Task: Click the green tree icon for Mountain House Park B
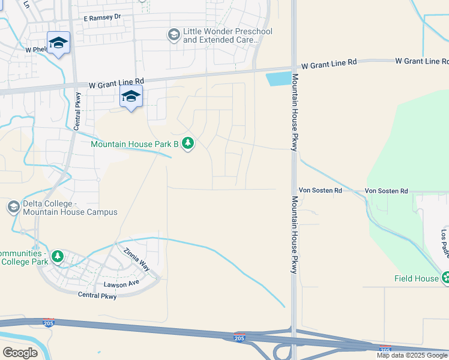coord(188,143)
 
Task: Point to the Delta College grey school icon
coord(13,208)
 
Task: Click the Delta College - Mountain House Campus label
coord(70,208)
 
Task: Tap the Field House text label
coord(416,278)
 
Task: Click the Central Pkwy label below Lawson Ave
coord(97,295)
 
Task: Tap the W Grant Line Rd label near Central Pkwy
coord(116,86)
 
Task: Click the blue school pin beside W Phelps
coord(58,43)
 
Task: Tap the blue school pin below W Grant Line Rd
coord(131,96)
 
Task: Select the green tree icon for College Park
coord(58,257)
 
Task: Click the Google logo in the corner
coord(20,353)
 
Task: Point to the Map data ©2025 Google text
coord(412,355)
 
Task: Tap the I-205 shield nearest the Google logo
coord(49,323)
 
